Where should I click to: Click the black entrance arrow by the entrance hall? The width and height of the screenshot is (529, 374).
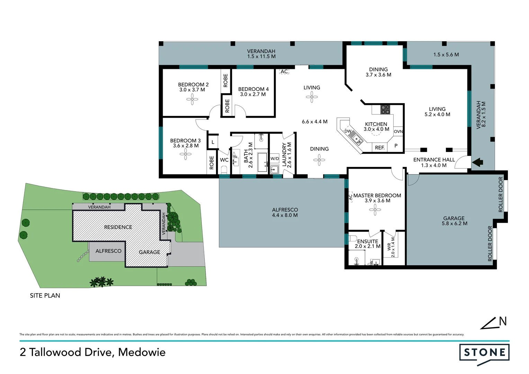478,162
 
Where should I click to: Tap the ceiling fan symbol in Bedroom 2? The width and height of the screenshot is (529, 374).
192,100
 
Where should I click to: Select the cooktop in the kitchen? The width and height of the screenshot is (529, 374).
385,109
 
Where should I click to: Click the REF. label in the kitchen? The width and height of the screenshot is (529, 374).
380,148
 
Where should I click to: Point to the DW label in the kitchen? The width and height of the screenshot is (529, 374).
348,132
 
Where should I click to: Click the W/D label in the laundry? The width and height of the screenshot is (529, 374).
275,159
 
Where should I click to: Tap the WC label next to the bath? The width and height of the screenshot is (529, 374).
224,160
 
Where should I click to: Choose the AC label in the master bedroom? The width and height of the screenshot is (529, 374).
350,197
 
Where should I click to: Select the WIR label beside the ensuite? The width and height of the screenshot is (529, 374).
389,247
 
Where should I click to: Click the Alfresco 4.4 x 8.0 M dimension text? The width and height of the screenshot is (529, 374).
285,215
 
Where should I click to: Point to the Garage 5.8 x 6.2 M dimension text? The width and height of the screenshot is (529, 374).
454,223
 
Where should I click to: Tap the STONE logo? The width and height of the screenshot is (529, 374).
484,353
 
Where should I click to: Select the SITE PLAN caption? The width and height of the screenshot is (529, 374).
45,295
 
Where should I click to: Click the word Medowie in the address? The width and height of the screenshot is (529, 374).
142,352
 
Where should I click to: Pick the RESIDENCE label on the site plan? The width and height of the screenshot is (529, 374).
118,227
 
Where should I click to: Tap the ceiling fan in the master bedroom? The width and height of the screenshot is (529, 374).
375,210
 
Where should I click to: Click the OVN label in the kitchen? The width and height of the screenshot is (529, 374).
398,132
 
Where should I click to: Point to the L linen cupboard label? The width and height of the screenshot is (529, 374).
213,142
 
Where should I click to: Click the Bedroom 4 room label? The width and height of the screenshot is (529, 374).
253,89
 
